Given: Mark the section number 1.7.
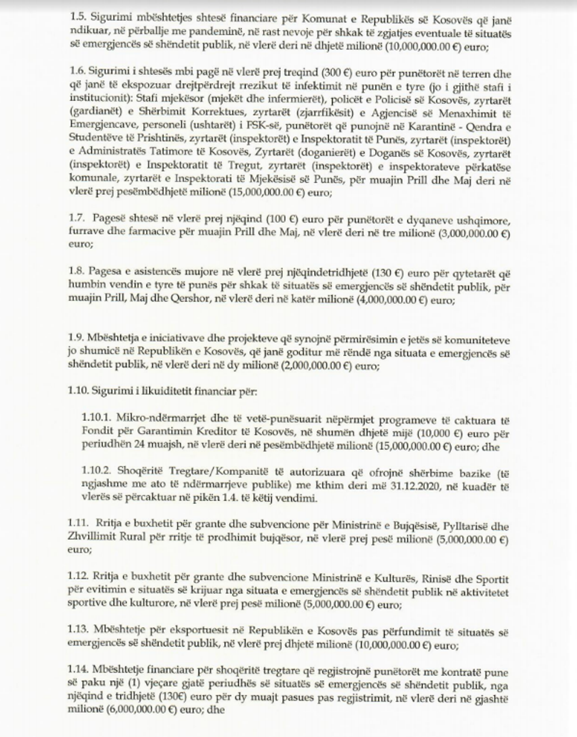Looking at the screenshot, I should click(x=77, y=220).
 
